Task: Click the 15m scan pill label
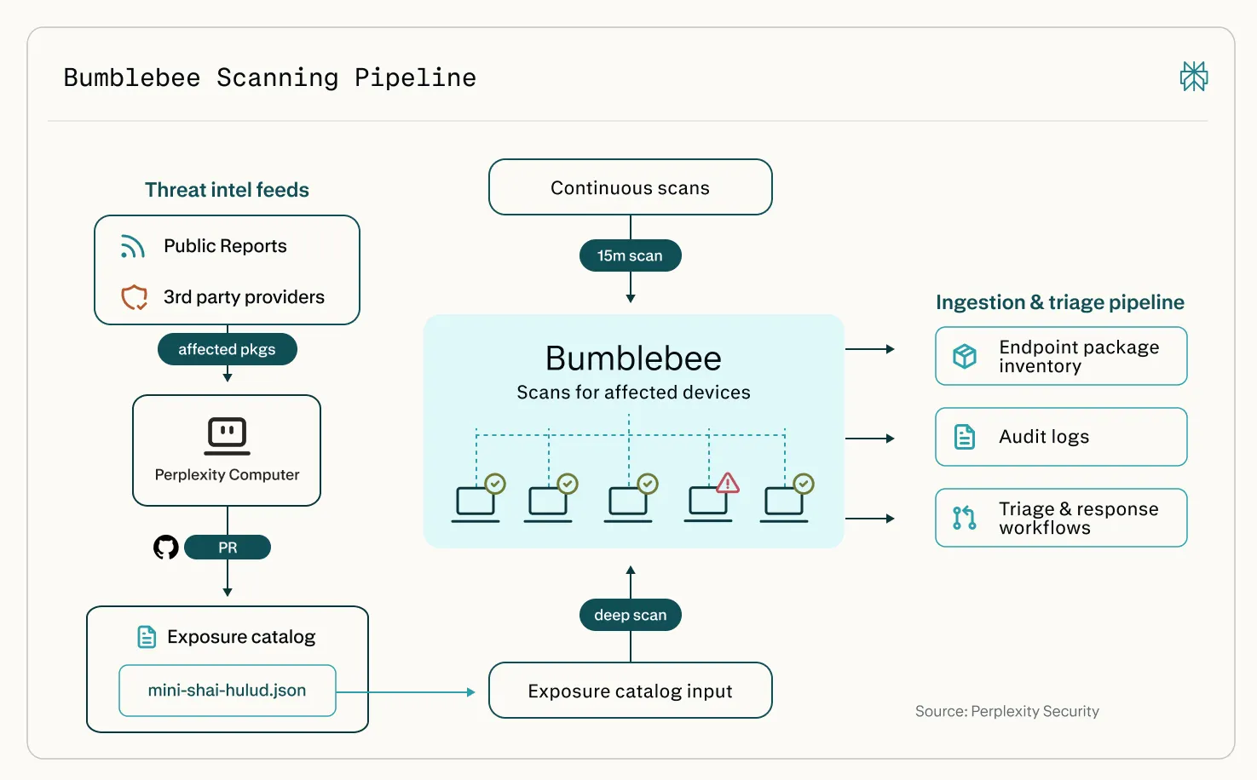(x=630, y=255)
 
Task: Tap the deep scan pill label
(x=630, y=615)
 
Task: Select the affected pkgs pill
(x=228, y=349)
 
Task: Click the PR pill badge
(x=228, y=548)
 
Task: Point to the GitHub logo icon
(x=166, y=548)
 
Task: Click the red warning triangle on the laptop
(x=727, y=483)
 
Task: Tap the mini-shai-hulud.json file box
(x=228, y=691)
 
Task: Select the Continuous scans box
(x=630, y=187)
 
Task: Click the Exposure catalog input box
(x=630, y=691)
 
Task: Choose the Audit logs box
(x=1061, y=437)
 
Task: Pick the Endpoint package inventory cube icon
(x=965, y=356)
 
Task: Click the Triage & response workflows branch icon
(x=965, y=518)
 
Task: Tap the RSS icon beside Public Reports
(x=133, y=247)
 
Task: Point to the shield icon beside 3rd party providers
(x=134, y=297)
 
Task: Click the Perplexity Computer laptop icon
(x=228, y=436)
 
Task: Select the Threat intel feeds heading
(x=228, y=190)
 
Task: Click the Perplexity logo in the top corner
(x=1194, y=77)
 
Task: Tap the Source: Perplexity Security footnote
(x=1006, y=711)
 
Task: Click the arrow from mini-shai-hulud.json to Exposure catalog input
(x=406, y=692)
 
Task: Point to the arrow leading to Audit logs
(x=870, y=438)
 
